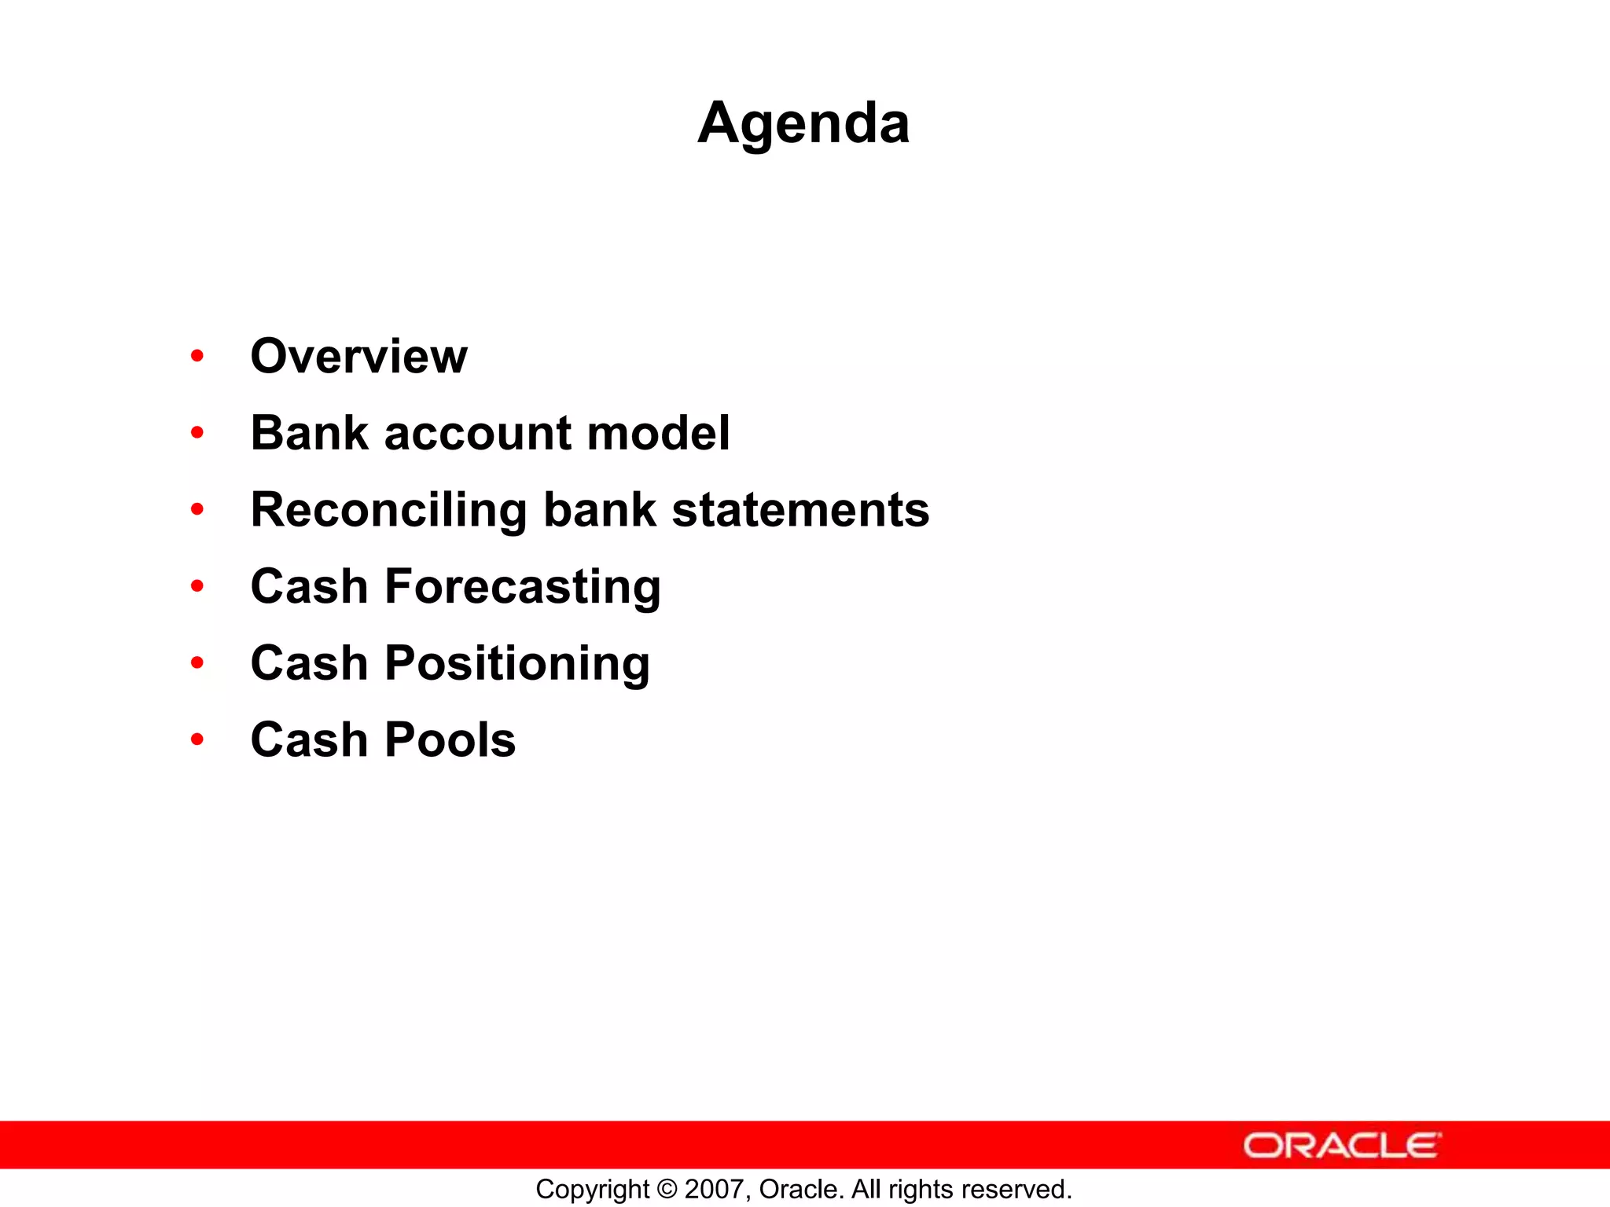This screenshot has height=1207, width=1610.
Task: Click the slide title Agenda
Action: click(x=803, y=123)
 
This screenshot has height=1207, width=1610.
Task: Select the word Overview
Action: click(x=358, y=356)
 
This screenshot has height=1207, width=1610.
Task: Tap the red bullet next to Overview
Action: click(x=197, y=356)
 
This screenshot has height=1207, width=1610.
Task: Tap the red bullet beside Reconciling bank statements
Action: click(x=197, y=510)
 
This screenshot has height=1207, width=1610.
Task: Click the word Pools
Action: click(x=450, y=740)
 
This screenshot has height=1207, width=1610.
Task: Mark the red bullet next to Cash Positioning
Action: click(x=197, y=663)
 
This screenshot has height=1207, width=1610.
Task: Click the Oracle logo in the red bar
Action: click(x=1341, y=1145)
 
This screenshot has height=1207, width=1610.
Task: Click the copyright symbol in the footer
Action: click(x=667, y=1189)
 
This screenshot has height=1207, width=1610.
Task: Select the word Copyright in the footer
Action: click(x=592, y=1190)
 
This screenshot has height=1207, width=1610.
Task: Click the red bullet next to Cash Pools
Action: click(x=197, y=739)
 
